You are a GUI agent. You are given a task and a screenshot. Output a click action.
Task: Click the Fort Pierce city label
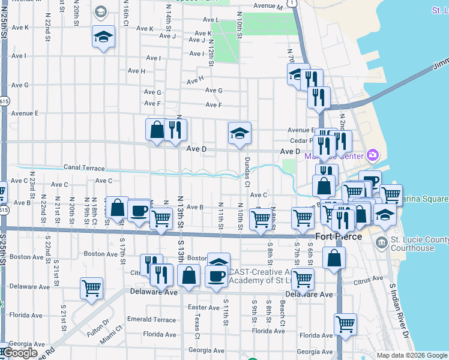[338, 236]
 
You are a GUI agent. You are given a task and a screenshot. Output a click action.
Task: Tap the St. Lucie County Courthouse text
[420, 244]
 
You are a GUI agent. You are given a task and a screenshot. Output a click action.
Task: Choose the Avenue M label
[268, 6]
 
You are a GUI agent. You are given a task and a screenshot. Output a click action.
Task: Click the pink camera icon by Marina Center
[373, 156]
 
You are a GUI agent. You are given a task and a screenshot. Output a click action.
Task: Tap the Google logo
[20, 353]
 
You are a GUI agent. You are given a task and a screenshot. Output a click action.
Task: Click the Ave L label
[214, 20]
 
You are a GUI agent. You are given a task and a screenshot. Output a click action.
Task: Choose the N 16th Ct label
[127, 17]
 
